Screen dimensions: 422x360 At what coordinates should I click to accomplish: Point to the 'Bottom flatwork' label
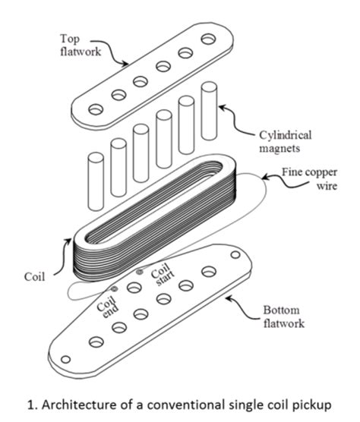(288, 316)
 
